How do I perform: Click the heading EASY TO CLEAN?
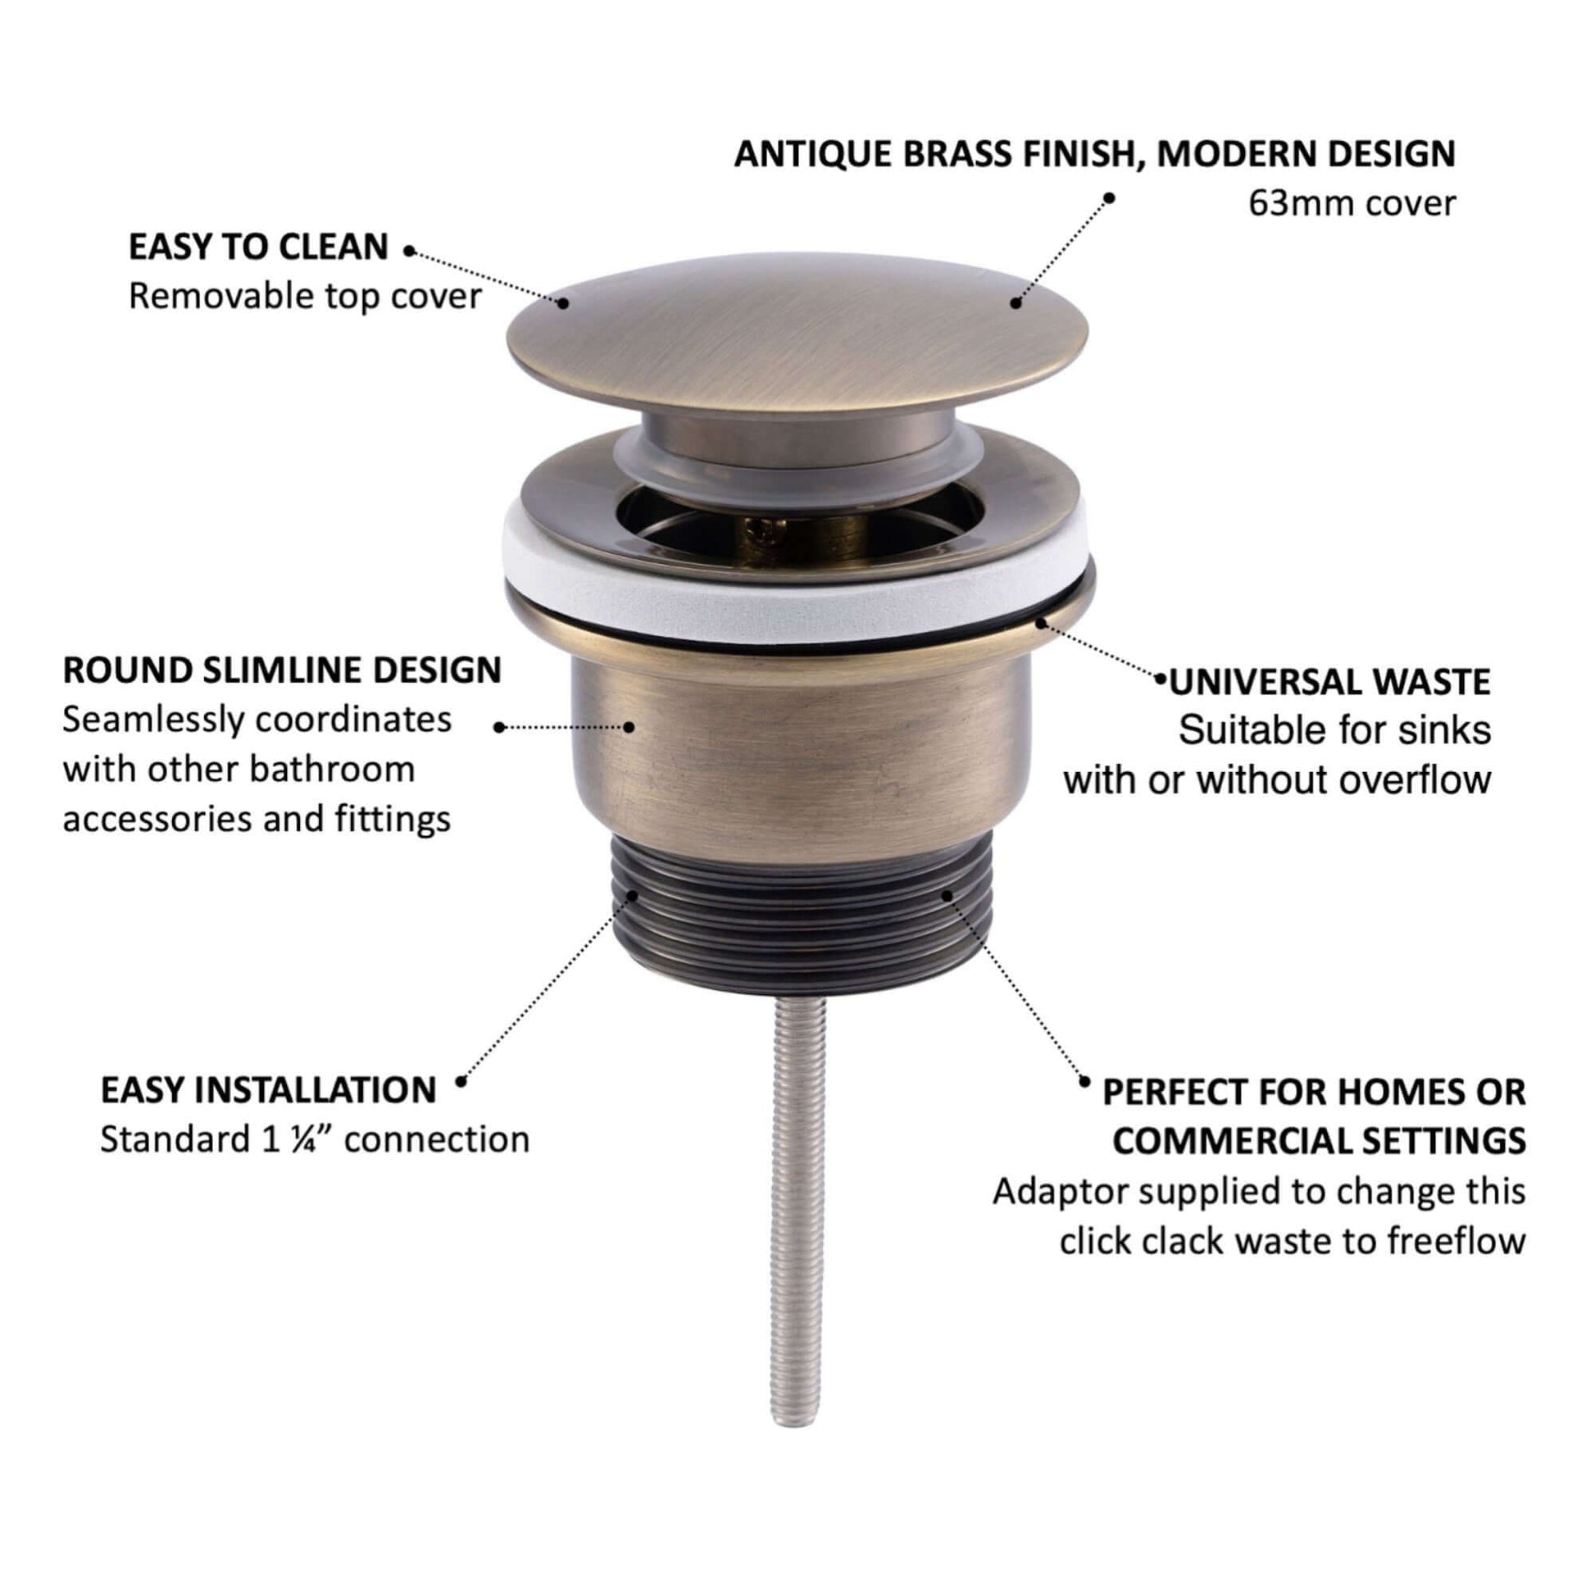(x=257, y=248)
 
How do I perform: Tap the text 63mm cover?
(x=1352, y=203)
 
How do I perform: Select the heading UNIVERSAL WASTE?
(x=1329, y=682)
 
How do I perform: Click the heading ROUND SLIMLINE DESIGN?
(x=281, y=670)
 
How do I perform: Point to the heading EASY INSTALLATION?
(x=268, y=1091)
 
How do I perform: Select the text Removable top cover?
(x=305, y=297)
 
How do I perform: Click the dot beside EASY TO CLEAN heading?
(x=409, y=251)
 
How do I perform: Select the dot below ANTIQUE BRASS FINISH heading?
(x=1110, y=198)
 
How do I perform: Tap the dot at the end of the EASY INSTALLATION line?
(x=461, y=1079)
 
